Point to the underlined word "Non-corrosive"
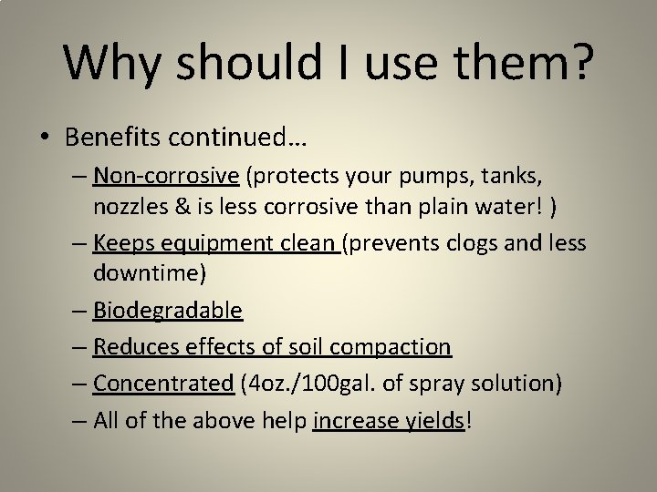click(x=165, y=174)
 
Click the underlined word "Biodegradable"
click(x=167, y=311)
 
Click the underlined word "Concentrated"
click(x=163, y=384)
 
